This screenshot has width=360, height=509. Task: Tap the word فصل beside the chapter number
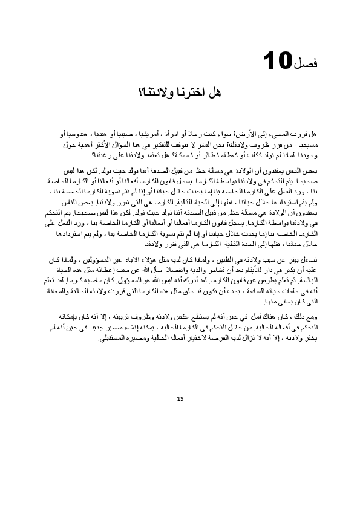307,62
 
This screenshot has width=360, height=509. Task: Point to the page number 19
180,398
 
